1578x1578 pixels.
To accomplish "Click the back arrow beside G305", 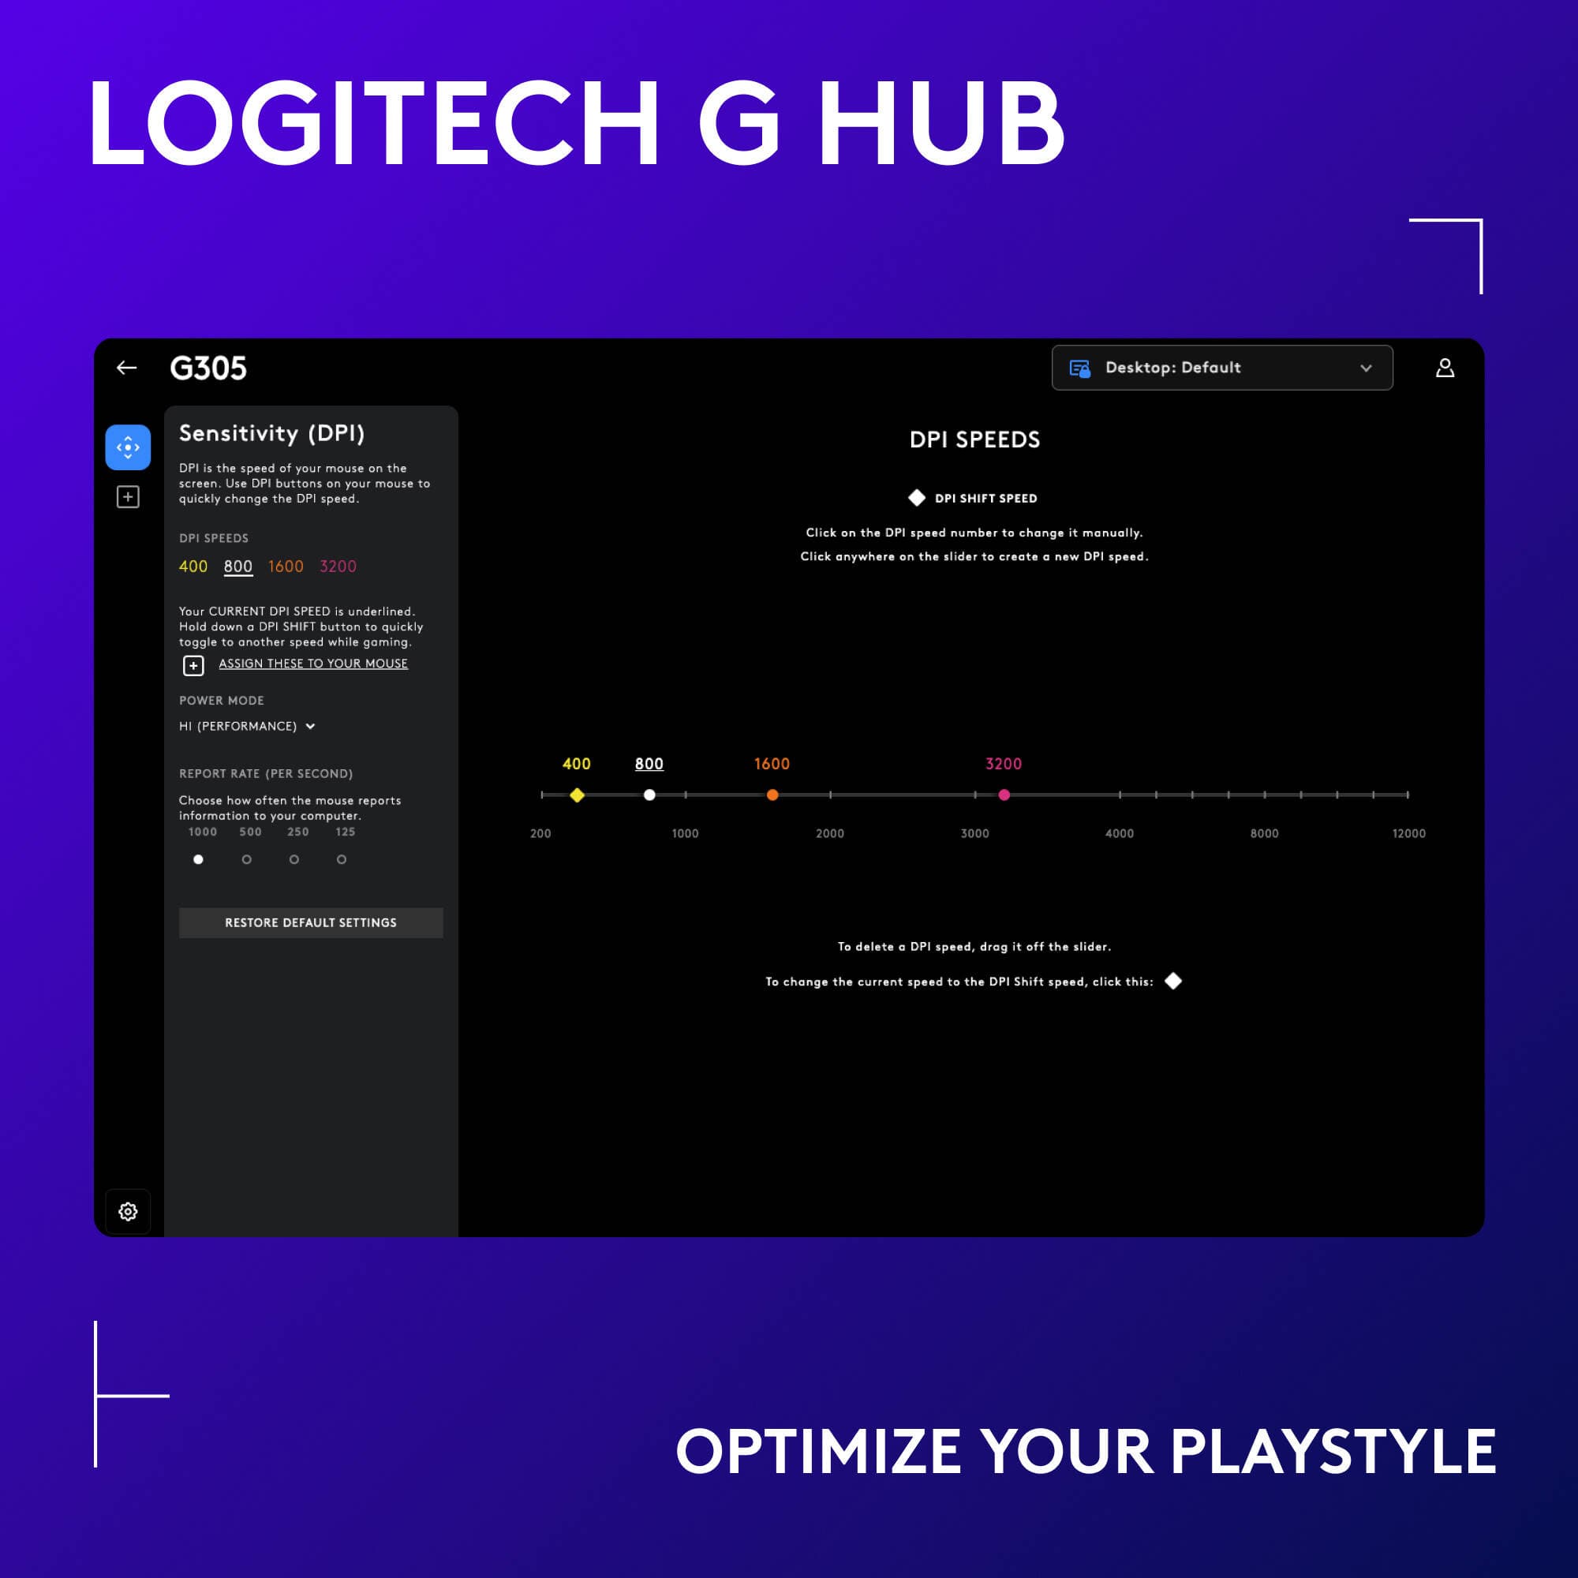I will tap(126, 368).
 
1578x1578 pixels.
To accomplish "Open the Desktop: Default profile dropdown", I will tap(1221, 368).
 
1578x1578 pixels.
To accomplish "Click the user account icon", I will tap(1444, 368).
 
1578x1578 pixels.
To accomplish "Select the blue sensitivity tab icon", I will tap(129, 447).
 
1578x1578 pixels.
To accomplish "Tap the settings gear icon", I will tap(129, 1211).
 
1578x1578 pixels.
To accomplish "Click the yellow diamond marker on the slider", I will tap(577, 795).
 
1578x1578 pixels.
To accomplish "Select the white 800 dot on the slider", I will tap(649, 795).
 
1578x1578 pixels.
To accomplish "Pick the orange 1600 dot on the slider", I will tap(772, 795).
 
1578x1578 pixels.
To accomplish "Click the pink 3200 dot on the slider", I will tap(1004, 795).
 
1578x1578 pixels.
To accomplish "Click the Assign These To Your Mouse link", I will tap(312, 664).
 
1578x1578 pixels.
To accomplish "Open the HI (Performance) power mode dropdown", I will tap(248, 726).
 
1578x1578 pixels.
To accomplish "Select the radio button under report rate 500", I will tap(247, 859).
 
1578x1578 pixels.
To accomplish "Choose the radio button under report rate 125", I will tap(342, 859).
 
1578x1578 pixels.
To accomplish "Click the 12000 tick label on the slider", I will tap(1408, 833).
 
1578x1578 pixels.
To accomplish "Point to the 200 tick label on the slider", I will tap(540, 833).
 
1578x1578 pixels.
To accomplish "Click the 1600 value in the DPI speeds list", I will tap(286, 566).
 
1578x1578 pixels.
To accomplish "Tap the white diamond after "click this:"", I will tap(1173, 981).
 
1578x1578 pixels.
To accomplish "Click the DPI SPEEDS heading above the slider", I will tap(974, 439).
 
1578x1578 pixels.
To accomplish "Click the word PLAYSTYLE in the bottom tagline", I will tap(1333, 1452).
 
